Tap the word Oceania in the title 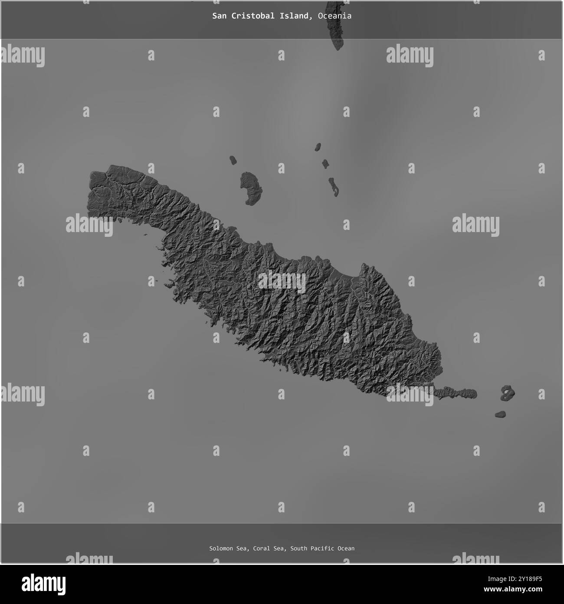point(334,16)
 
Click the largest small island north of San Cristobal point(251,188)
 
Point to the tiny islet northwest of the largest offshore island point(233,160)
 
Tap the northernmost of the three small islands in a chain point(318,146)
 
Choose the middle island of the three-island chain point(325,164)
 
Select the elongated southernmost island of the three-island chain point(333,186)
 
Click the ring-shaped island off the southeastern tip point(507,393)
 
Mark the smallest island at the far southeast point(500,414)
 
